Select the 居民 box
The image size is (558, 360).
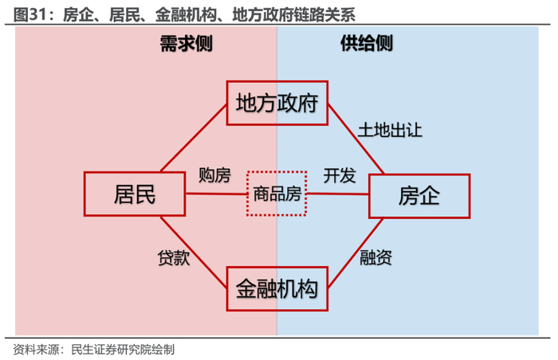(134, 194)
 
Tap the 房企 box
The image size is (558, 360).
(418, 194)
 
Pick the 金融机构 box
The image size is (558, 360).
(277, 288)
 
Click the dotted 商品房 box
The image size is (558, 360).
(277, 194)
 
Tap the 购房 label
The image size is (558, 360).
(214, 175)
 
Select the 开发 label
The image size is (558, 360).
(339, 175)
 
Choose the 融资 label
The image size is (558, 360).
(375, 258)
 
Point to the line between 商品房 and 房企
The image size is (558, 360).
(337, 194)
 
